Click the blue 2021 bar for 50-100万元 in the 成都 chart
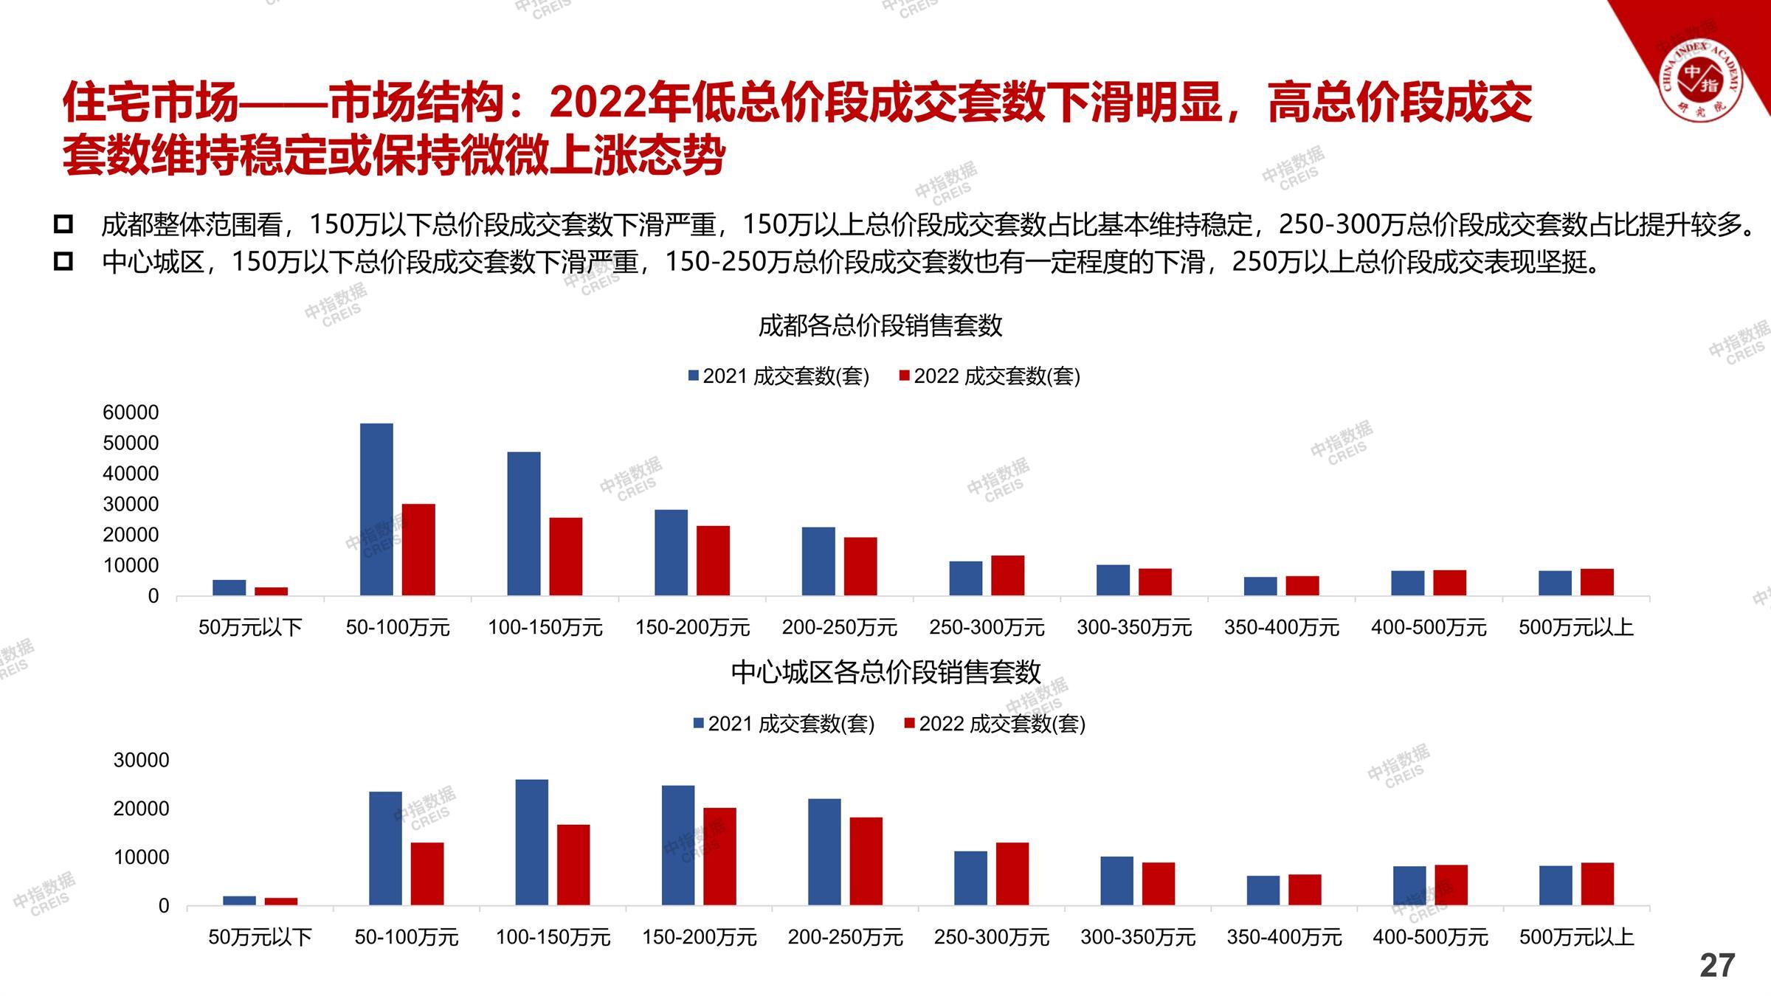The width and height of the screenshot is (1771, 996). (x=376, y=509)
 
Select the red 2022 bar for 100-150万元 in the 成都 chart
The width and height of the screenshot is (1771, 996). (x=566, y=556)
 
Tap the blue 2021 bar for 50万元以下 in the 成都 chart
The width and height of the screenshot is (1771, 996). (x=229, y=587)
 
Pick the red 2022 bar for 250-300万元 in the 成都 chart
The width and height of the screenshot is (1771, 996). (x=1007, y=575)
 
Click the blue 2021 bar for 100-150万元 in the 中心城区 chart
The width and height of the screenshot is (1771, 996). (x=531, y=842)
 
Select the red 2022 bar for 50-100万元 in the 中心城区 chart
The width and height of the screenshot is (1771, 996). (x=427, y=874)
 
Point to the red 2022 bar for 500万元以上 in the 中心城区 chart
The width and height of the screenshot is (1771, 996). (x=1597, y=883)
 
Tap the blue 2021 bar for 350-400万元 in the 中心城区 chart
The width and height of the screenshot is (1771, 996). (x=1263, y=890)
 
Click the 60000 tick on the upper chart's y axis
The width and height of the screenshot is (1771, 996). (x=131, y=412)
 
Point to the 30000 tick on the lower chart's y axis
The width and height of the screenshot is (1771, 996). (x=141, y=760)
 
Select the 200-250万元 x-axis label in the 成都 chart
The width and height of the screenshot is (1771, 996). (x=840, y=628)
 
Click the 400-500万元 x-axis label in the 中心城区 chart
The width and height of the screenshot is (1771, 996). (x=1430, y=937)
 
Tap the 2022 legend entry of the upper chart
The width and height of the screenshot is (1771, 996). (x=989, y=376)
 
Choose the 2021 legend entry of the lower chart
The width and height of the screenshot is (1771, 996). (x=784, y=724)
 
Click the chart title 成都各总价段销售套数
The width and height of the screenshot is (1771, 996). (x=880, y=325)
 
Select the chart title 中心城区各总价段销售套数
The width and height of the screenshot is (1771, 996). (x=885, y=672)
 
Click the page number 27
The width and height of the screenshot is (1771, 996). (x=1716, y=966)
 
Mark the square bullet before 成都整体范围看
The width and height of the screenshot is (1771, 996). (x=63, y=224)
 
